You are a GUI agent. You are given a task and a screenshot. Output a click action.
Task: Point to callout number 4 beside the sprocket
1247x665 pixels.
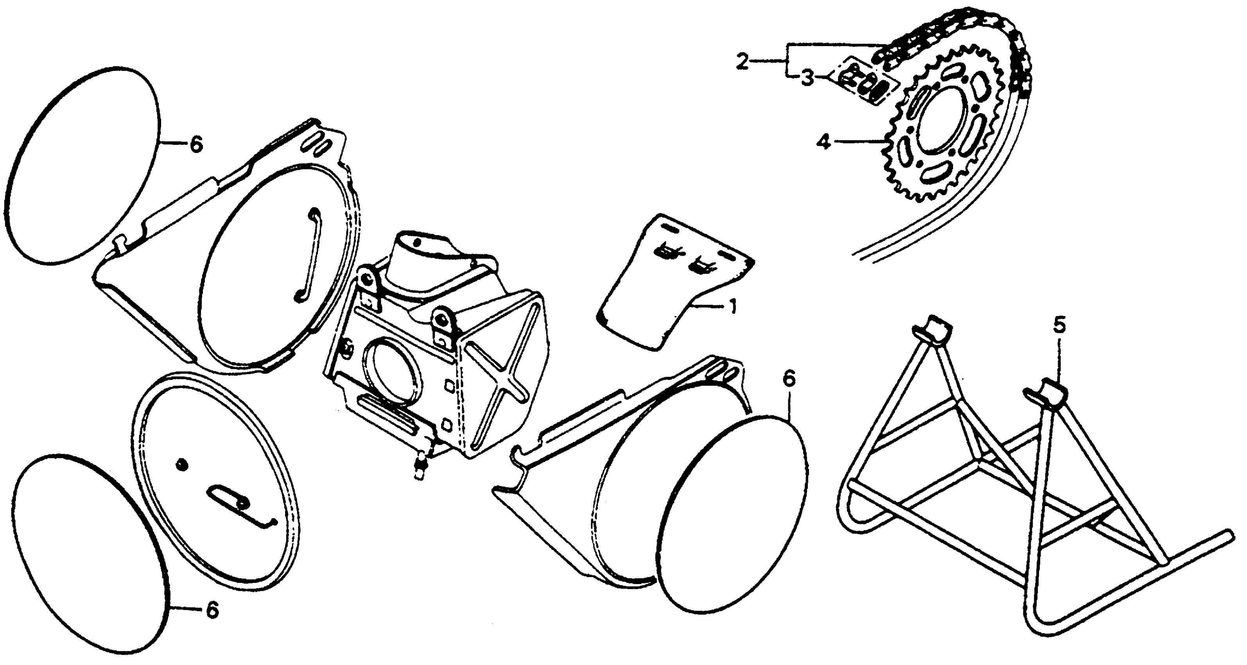824,142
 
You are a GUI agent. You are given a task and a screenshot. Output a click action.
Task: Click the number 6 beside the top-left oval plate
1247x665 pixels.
196,144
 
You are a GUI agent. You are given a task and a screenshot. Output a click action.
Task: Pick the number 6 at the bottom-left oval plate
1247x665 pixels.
212,610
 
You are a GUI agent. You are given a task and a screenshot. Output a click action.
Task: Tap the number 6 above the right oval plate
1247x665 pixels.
789,380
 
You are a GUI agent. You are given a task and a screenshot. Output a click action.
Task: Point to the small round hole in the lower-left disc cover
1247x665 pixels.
181,464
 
